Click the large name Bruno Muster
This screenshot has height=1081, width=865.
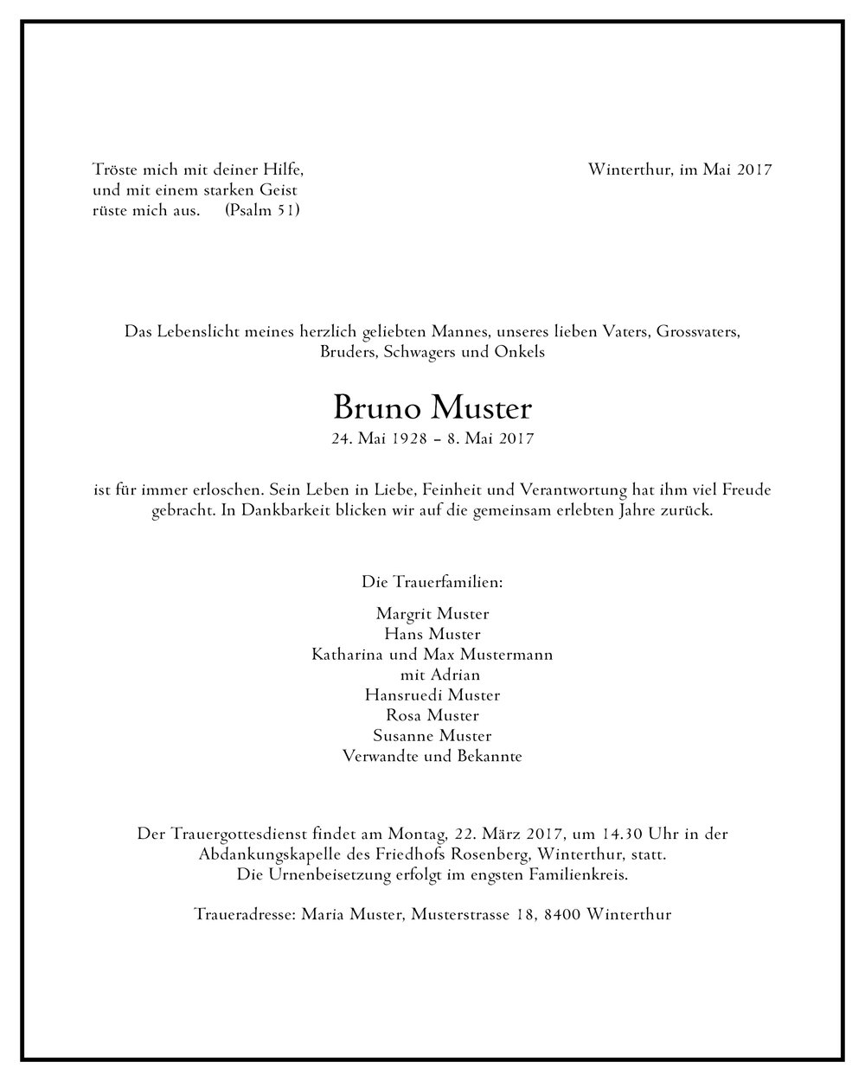(x=432, y=406)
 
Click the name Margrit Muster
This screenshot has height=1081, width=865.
(x=432, y=614)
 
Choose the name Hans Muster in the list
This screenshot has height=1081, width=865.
(x=432, y=634)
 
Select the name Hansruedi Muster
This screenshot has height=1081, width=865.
(x=432, y=694)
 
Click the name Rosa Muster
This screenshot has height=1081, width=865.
(x=432, y=715)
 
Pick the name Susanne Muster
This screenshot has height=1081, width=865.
(x=432, y=736)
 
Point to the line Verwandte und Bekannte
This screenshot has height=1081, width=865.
(x=432, y=757)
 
